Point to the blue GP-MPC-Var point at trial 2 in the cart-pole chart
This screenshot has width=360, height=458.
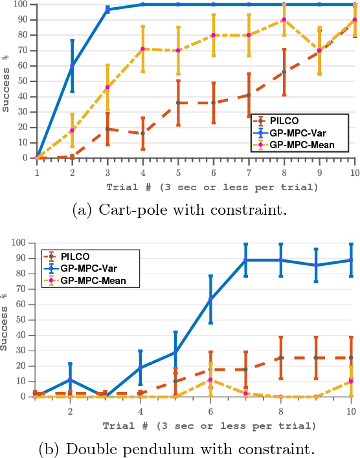tap(73, 65)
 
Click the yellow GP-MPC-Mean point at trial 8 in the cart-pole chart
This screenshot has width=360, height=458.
tap(284, 19)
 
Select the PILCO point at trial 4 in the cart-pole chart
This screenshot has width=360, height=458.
tap(142, 133)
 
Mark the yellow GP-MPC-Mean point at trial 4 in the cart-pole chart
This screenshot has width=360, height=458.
tap(142, 49)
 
